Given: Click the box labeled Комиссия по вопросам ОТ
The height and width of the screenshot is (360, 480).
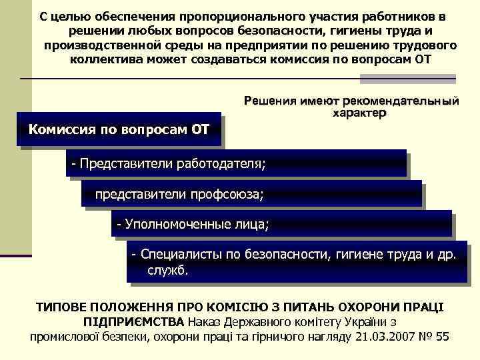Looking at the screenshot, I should (x=118, y=128).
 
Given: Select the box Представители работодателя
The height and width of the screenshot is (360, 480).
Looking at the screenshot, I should (x=236, y=163).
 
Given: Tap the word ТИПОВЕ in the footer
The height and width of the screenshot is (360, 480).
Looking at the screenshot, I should (x=63, y=307).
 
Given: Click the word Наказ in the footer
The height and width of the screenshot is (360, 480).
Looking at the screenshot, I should (x=208, y=322).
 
